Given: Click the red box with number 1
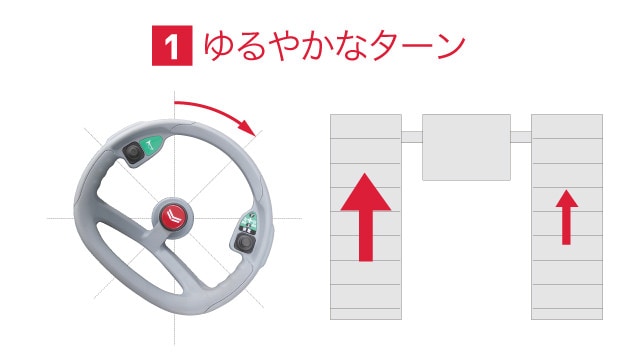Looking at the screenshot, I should [171, 46].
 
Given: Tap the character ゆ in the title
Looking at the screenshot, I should [220, 46].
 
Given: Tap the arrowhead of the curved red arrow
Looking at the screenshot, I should [249, 129].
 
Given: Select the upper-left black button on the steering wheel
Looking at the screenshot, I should [133, 152].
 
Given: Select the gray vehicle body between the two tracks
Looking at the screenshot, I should [466, 146].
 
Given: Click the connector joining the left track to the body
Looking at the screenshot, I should [411, 136].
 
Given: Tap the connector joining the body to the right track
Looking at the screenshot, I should [520, 136].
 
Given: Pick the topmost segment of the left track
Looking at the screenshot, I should [365, 126].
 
